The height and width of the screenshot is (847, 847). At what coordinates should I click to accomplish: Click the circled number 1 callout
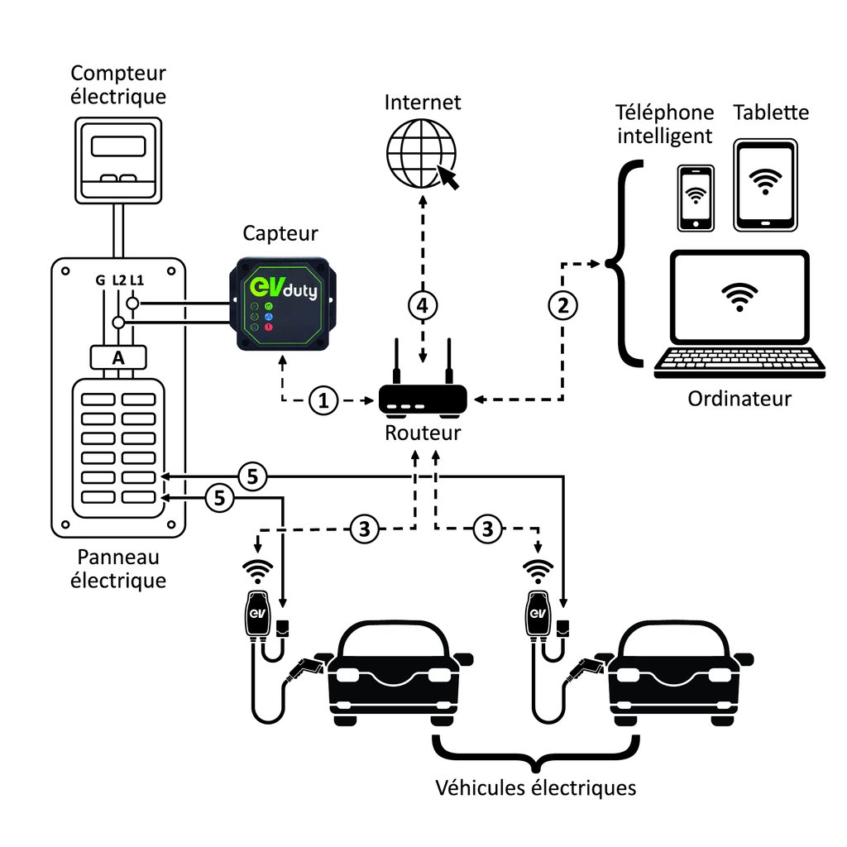tap(323, 401)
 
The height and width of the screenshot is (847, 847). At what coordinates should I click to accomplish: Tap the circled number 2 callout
tap(563, 305)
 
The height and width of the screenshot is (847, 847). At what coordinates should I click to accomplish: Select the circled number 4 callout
tap(422, 305)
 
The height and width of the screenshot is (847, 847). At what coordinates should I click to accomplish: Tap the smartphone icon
tap(696, 198)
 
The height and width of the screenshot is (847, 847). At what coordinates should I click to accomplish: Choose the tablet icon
tap(765, 184)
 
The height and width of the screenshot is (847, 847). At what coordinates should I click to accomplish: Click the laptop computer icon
tap(739, 314)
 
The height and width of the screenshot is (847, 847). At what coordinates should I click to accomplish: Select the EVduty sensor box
tap(282, 304)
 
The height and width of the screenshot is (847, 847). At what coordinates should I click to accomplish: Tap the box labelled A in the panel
tap(117, 357)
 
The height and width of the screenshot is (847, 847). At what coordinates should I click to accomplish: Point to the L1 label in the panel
tap(136, 281)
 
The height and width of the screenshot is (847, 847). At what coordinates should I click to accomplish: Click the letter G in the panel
tap(100, 281)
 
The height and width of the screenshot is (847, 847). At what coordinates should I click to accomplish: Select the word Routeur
tap(423, 433)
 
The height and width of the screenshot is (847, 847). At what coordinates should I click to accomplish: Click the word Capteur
tap(280, 233)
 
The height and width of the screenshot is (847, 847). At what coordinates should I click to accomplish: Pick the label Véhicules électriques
tap(536, 787)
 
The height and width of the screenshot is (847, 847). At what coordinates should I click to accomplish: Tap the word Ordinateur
tap(739, 399)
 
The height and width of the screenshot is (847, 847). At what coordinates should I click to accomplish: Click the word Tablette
tap(771, 112)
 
